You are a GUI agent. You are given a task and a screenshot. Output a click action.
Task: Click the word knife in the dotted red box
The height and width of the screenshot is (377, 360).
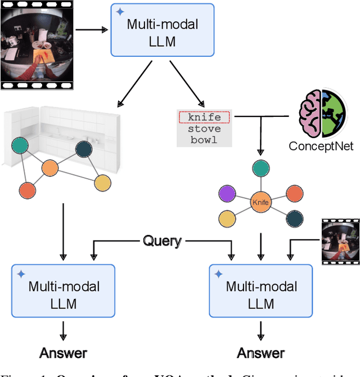204,118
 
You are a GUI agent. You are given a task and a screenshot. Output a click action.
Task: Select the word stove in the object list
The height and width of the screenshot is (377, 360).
204,129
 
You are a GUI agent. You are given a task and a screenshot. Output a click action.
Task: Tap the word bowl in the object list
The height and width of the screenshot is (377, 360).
204,139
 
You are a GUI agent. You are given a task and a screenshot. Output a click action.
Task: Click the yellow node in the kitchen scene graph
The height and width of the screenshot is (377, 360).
102,183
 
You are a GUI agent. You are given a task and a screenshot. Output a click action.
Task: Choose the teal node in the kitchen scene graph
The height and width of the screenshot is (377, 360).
19,147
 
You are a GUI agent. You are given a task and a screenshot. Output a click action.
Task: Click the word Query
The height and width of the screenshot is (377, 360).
162,241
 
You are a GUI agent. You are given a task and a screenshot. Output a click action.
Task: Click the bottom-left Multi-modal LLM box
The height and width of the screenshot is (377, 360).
63,291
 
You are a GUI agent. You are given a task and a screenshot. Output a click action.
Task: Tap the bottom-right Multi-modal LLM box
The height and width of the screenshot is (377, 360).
260,291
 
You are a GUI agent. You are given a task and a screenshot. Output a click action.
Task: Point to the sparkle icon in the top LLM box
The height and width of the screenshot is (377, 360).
119,12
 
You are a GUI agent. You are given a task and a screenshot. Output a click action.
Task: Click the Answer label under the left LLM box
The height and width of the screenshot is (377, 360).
63,353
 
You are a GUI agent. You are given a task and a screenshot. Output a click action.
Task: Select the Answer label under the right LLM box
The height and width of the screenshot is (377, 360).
260,353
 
